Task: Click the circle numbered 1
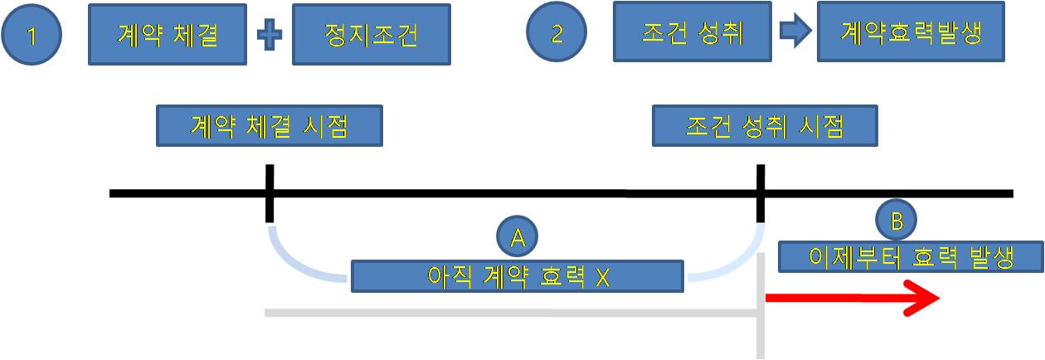pyautogui.click(x=32, y=36)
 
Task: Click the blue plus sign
pyautogui.click(x=267, y=36)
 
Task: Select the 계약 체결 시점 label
pyautogui.click(x=270, y=126)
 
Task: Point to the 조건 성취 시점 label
pyautogui.click(x=765, y=126)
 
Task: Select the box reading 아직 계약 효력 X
pyautogui.click(x=518, y=276)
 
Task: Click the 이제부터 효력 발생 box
pyautogui.click(x=911, y=256)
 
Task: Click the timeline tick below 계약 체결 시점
pyautogui.click(x=270, y=193)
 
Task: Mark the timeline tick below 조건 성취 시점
pyautogui.click(x=761, y=193)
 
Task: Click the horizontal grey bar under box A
pyautogui.click(x=510, y=313)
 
